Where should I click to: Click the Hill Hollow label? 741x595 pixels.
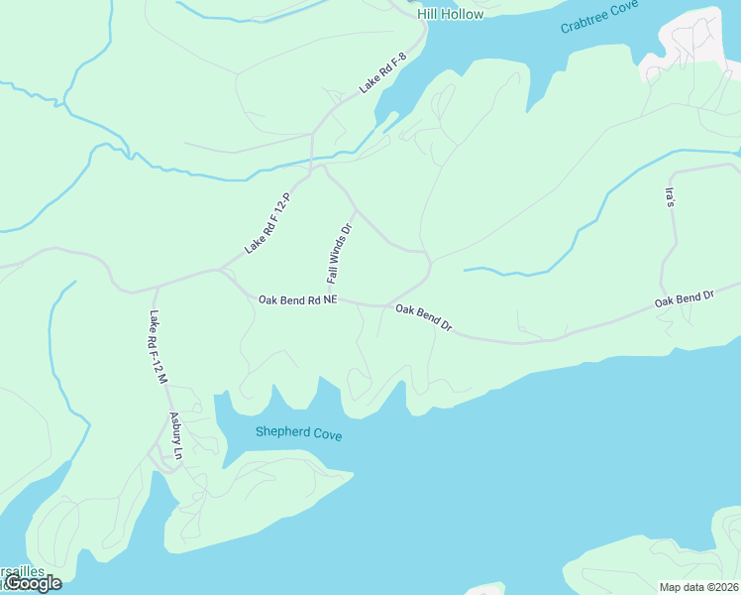(x=450, y=14)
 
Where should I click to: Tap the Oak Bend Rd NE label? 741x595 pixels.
(x=298, y=298)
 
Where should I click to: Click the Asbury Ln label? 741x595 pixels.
(x=176, y=436)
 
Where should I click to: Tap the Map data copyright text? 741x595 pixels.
(x=698, y=586)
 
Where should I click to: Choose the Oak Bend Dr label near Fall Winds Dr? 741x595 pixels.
(x=423, y=317)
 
